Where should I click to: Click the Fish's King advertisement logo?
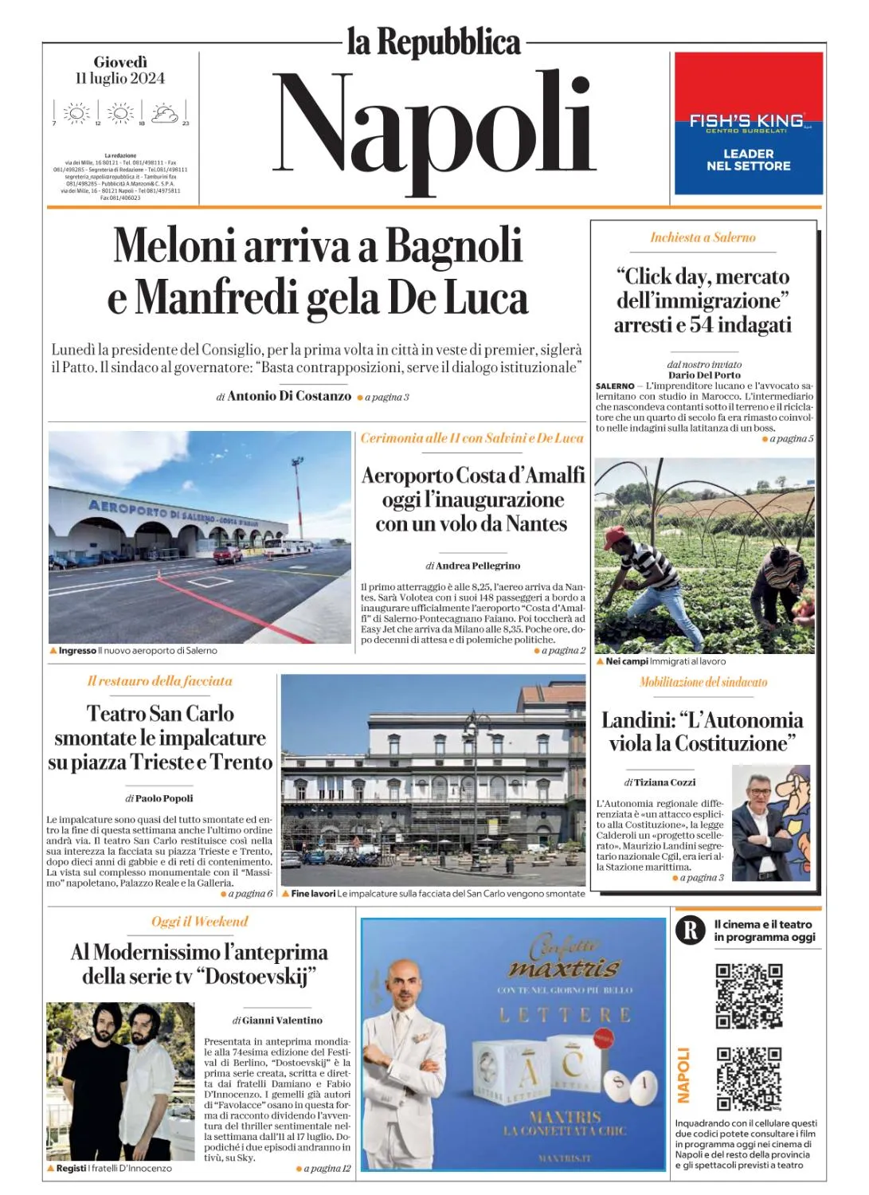point(747,121)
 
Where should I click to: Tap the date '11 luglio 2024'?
point(120,78)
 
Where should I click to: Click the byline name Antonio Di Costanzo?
point(289,396)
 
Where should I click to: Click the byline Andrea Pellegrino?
point(477,566)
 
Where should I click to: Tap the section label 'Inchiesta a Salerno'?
point(703,237)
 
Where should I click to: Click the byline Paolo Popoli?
point(164,798)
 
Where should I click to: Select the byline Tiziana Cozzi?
point(664,782)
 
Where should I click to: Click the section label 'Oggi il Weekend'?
point(200,922)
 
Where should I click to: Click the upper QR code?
point(749,995)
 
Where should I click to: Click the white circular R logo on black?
point(691,931)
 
